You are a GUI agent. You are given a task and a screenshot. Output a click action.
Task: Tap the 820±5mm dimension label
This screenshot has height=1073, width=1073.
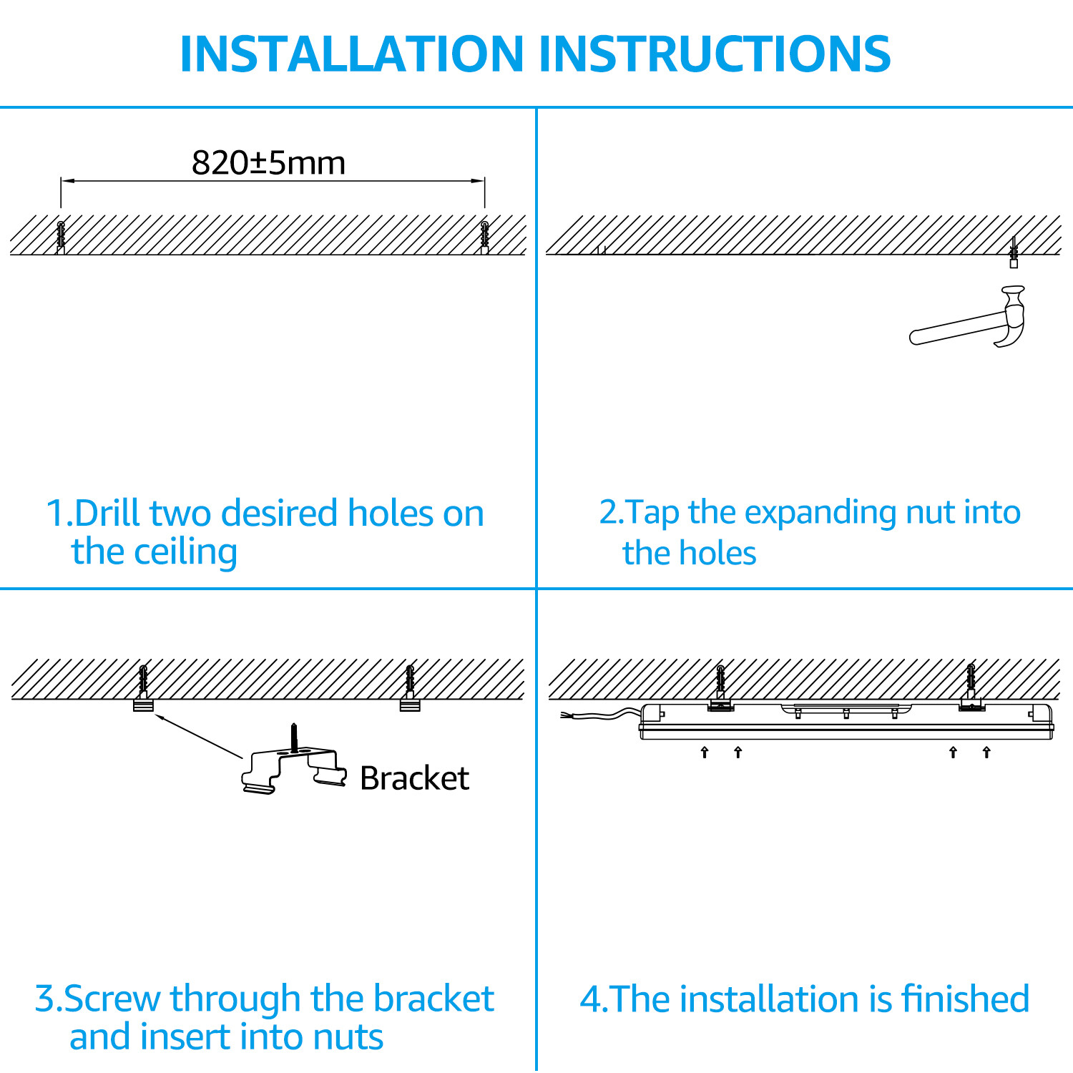[269, 163]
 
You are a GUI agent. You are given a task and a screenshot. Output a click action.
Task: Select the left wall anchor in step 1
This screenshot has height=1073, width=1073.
[61, 237]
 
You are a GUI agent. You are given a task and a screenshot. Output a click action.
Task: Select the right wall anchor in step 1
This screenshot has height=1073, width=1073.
[485, 237]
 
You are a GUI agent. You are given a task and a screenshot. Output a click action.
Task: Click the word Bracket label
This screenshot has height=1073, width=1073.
[414, 778]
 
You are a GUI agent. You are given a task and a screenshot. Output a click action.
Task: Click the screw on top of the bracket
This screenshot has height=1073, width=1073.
[293, 738]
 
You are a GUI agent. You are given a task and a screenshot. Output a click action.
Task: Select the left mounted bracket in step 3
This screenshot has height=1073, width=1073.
[143, 705]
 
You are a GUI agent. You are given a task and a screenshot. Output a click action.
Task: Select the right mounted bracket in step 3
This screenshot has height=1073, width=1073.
[410, 705]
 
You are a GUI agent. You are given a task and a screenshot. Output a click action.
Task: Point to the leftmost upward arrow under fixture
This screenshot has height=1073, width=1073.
[705, 752]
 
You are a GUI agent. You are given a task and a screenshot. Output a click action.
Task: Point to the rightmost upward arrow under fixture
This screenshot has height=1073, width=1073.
[986, 752]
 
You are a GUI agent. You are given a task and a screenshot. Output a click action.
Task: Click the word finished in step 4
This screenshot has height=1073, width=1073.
[965, 999]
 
